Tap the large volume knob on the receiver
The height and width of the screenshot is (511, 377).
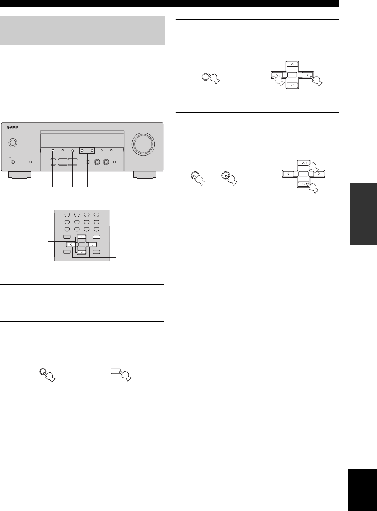[x=144, y=143]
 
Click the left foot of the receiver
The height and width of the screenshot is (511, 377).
[x=21, y=175]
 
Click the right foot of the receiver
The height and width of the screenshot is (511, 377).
[x=144, y=175]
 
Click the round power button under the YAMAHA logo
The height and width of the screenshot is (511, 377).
[x=13, y=143]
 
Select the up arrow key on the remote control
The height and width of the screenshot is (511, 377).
[x=81, y=237]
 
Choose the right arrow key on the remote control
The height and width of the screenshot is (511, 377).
[x=92, y=245]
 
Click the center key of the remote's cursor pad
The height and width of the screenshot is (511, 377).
[x=81, y=245]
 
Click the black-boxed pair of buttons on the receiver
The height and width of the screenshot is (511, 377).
[x=87, y=150]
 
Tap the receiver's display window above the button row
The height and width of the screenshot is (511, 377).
[x=82, y=139]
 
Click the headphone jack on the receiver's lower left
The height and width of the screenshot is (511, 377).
[x=13, y=162]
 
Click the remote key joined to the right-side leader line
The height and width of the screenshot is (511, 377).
[x=99, y=237]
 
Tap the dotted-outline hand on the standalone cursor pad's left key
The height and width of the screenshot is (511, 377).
[x=278, y=81]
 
